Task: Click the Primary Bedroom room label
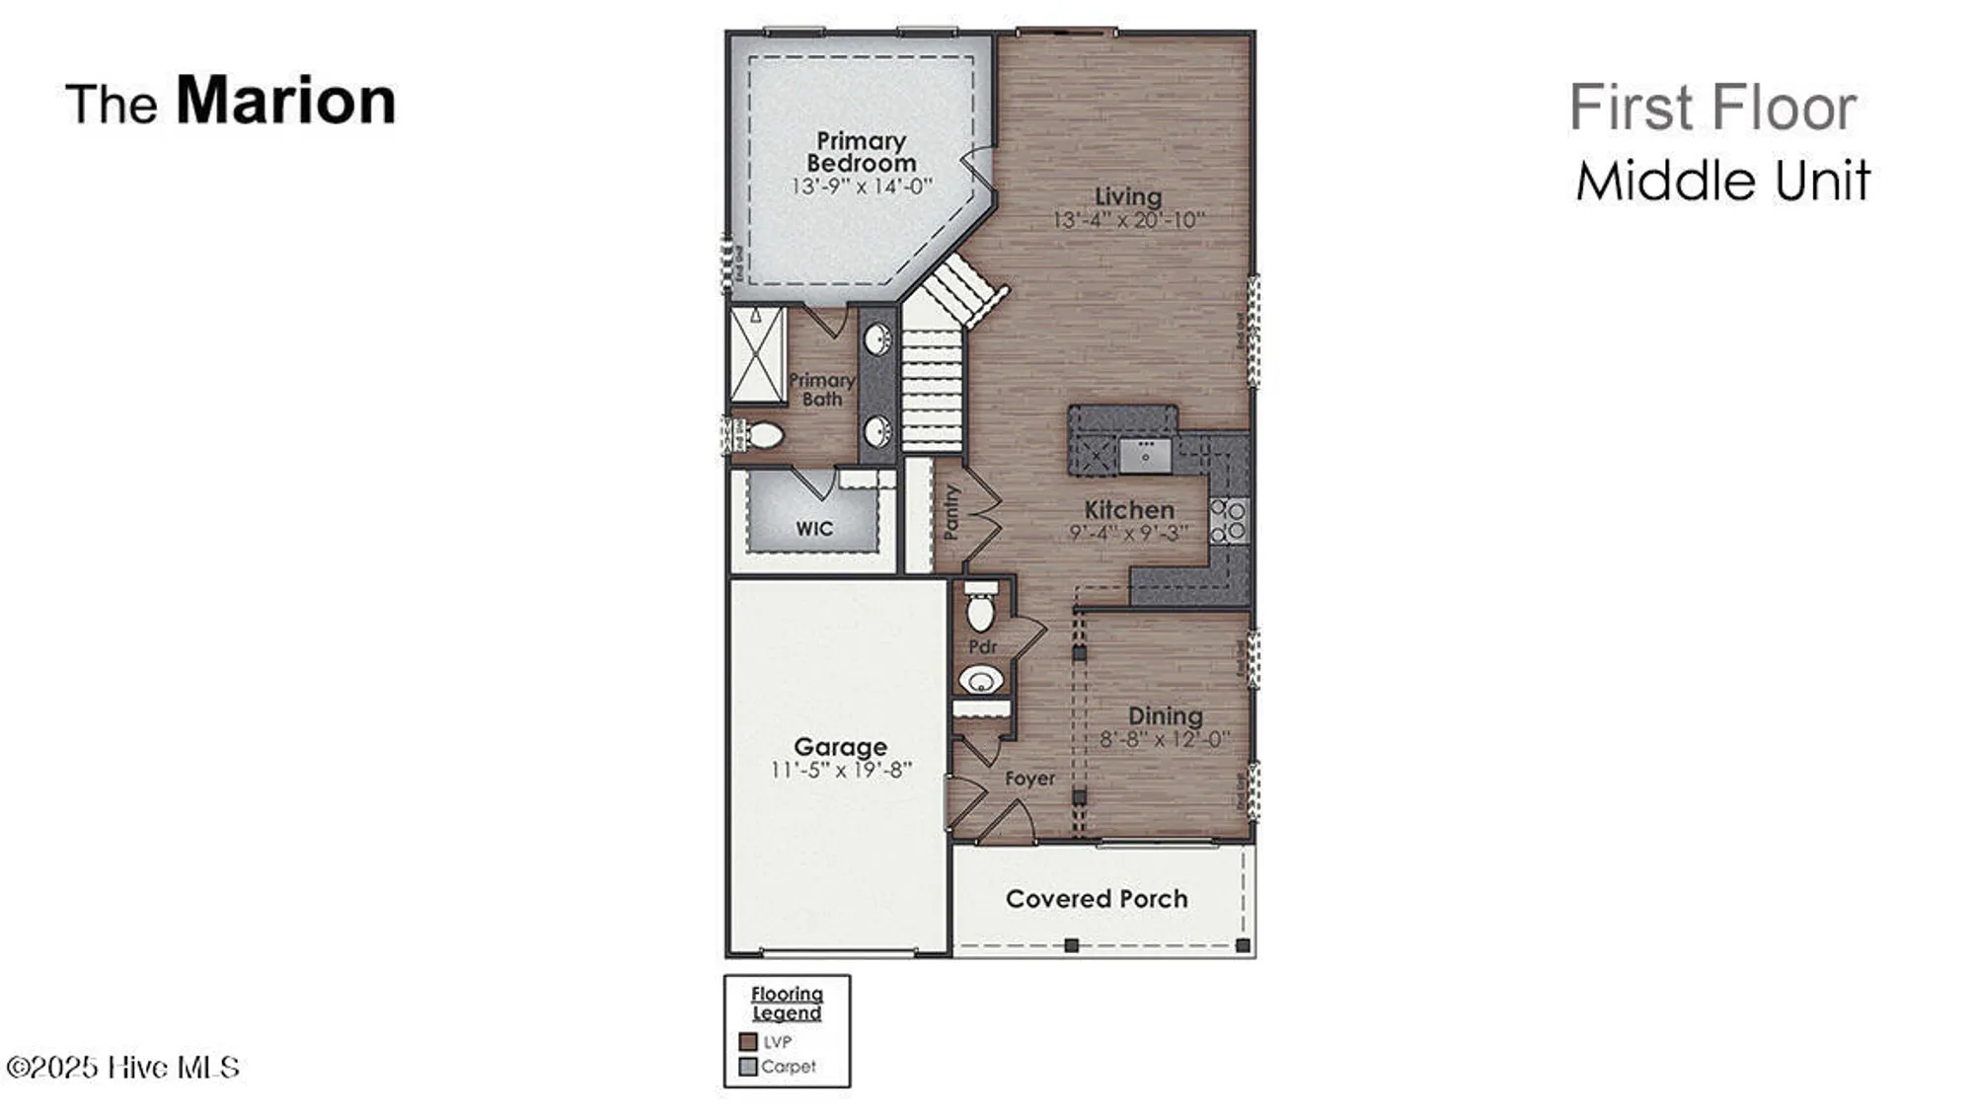[861, 152]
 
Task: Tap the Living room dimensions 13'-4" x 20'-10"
[1128, 220]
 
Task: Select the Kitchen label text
[1129, 510]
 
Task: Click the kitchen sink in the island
[1145, 455]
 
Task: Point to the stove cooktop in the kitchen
[1229, 521]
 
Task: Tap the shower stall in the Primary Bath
[757, 354]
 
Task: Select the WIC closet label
[814, 529]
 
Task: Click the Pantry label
[951, 512]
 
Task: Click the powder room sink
[981, 680]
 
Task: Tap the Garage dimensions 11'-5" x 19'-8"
[840, 770]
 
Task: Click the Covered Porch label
[1096, 899]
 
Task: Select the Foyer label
[1029, 779]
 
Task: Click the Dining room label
[1165, 716]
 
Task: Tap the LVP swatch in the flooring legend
[748, 1042]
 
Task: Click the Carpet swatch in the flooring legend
[748, 1067]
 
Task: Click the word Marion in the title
[285, 101]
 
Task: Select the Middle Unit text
[1722, 182]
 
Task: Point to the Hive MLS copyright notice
[123, 1068]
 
